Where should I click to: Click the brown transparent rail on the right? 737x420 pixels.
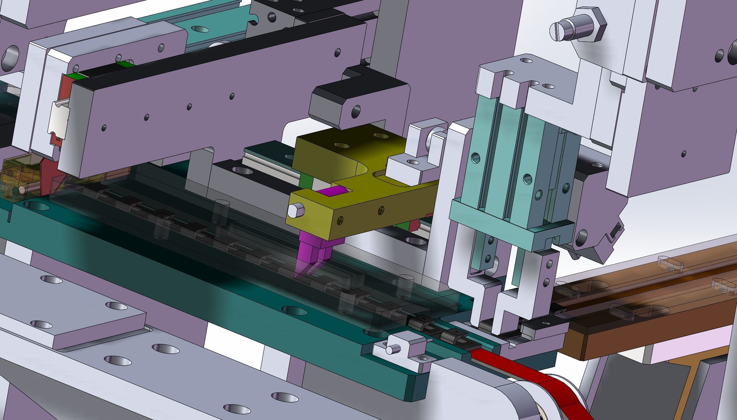pos(649,303)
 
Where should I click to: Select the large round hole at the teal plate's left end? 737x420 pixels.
pos(36,206)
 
